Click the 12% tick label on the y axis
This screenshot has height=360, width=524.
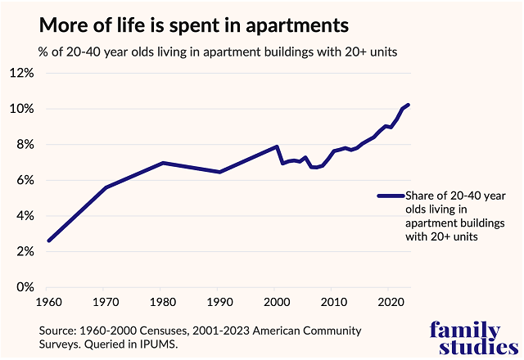[x=21, y=73]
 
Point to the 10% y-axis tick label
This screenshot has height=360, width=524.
[x=21, y=109]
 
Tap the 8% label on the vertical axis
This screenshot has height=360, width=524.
[x=24, y=145]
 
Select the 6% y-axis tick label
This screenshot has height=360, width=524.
[x=24, y=180]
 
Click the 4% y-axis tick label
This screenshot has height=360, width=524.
[x=24, y=216]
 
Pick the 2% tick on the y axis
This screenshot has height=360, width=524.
[x=24, y=252]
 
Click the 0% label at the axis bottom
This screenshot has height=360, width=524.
[x=24, y=287]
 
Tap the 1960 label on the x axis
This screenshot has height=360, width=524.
[x=49, y=301]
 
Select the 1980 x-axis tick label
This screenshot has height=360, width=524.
[x=164, y=301]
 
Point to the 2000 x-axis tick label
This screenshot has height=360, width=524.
[x=278, y=301]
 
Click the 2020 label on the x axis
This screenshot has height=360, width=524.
[x=392, y=301]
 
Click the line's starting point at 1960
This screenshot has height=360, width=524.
[x=49, y=241]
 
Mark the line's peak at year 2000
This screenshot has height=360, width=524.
[x=278, y=146]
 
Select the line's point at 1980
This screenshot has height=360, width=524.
[x=164, y=163]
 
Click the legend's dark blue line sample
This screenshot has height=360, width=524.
[x=391, y=196]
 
